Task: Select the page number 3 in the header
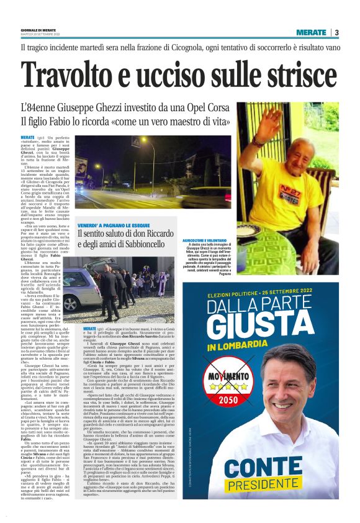[336, 32]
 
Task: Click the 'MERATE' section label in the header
[310, 32]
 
